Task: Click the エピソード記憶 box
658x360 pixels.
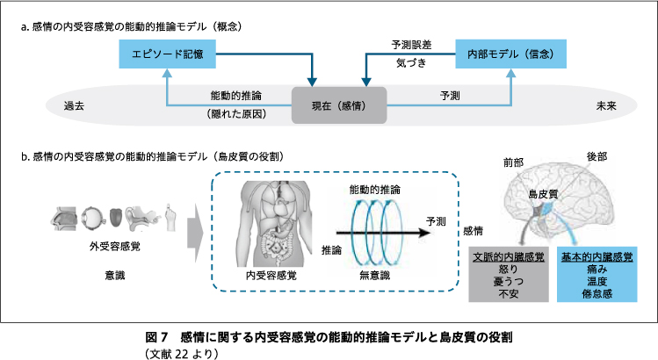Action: tap(168, 54)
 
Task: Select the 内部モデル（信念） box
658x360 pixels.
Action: tap(510, 54)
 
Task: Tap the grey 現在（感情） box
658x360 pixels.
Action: tap(339, 105)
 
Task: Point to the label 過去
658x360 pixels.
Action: tap(75, 106)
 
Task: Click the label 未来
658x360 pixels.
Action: tap(606, 106)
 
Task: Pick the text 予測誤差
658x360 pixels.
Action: tap(412, 45)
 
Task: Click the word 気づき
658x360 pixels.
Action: tap(412, 63)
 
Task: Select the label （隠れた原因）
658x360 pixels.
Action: tap(236, 114)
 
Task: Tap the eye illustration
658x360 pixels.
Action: tap(91, 218)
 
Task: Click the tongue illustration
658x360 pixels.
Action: tap(116, 218)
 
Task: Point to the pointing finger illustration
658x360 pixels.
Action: tap(170, 218)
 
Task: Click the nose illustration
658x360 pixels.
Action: tap(64, 218)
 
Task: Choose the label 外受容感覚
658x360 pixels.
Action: tap(115, 247)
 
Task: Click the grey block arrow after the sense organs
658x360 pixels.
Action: tap(195, 234)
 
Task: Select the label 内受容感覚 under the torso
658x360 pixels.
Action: tap(271, 275)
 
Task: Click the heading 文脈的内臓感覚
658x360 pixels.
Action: tap(509, 256)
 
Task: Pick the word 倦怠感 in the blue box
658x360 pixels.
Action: tap(597, 293)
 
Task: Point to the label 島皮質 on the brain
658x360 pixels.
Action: tap(544, 194)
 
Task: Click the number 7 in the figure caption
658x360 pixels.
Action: tap(164, 337)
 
